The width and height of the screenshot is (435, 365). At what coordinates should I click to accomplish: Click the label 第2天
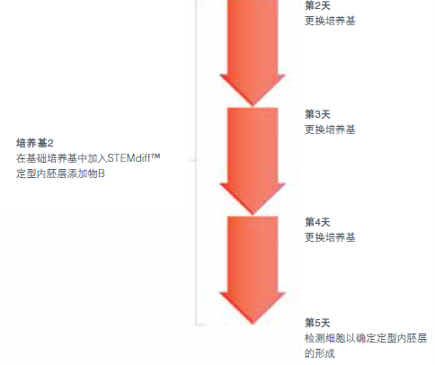(317, 5)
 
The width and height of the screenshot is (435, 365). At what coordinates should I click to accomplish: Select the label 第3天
(317, 114)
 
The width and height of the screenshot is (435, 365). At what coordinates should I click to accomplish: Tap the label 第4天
(317, 222)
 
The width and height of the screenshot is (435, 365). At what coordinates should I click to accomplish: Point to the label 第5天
(317, 323)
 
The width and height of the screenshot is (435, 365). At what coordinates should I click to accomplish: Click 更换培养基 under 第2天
(330, 21)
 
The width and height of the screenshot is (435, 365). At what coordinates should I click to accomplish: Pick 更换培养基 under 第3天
(330, 129)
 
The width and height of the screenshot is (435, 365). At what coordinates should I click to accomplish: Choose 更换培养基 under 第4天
(330, 237)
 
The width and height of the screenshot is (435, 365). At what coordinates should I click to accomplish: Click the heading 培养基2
(35, 143)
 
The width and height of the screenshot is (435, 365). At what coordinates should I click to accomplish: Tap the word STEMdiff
(129, 158)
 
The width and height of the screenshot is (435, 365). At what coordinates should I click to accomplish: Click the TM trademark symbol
(155, 156)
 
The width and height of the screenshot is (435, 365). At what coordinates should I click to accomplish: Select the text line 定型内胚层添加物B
(60, 174)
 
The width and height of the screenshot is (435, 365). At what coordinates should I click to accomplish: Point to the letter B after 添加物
(102, 174)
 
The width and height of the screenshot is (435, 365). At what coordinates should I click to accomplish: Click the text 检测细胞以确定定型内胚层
(366, 338)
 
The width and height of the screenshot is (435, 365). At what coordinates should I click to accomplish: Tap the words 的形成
(320, 353)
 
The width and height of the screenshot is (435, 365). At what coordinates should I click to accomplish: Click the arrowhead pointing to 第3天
(253, 90)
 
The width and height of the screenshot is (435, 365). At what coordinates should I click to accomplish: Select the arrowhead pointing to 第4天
(253, 199)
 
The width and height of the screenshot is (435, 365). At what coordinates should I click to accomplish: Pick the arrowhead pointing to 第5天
(253, 308)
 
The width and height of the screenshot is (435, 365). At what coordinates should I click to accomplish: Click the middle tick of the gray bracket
(193, 161)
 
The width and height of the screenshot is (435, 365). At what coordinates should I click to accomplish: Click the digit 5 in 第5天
(317, 323)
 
